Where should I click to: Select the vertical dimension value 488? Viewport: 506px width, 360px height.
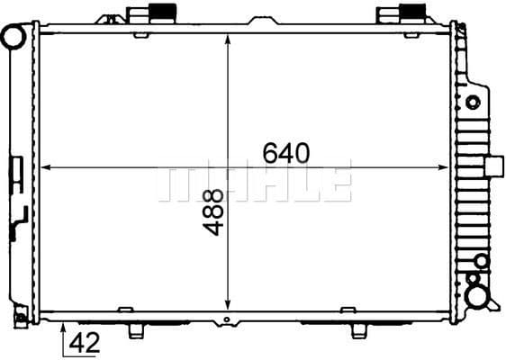coord(212,213)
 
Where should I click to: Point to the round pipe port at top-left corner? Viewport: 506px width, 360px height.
coord(13,37)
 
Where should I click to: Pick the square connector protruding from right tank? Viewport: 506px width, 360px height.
coord(494,167)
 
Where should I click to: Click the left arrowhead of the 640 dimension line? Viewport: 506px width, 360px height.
coord(45,167)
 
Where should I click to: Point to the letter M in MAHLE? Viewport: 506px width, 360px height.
coord(176,184)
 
